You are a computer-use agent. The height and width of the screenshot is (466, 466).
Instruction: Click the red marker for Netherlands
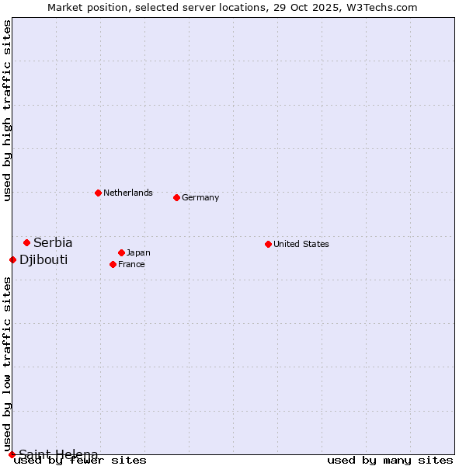pos(98,193)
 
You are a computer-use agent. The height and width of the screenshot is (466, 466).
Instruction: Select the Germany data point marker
pos(176,197)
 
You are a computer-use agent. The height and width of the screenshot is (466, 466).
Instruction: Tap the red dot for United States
pos(268,244)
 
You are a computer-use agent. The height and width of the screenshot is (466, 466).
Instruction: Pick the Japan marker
pos(121,252)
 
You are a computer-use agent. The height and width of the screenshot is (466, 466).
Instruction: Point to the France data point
pos(113,264)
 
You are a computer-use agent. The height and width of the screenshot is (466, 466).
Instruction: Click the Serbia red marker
pos(26,242)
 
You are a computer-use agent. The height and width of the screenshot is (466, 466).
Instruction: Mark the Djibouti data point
pos(12,259)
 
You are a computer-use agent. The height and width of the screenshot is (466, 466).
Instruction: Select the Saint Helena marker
pos(12,454)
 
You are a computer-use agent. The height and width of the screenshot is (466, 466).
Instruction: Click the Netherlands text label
pos(128,193)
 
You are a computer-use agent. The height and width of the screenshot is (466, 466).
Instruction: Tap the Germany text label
pos(200,197)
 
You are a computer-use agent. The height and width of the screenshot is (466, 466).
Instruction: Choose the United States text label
pos(301,244)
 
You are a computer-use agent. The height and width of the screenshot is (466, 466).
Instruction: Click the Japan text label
pos(138,252)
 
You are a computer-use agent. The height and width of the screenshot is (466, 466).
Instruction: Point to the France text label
pos(131,264)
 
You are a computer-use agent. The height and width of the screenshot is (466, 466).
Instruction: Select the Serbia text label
pos(53,242)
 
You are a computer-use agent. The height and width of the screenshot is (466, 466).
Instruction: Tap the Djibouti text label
pos(43,259)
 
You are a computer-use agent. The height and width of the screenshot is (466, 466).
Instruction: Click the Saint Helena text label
pos(58,454)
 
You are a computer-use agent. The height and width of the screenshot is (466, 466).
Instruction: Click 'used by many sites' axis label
pos(390,461)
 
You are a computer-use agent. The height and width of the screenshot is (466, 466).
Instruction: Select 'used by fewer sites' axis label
pos(80,461)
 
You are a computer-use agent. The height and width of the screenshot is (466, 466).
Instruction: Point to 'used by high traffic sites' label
pos(7,110)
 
